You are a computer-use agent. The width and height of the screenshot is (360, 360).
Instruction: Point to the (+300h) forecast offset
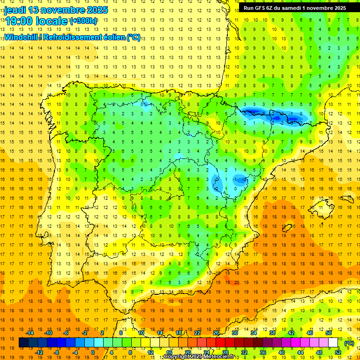click(84, 21)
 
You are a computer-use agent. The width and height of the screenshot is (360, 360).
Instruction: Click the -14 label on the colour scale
click(30, 333)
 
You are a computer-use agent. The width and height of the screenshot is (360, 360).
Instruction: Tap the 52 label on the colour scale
click(337, 352)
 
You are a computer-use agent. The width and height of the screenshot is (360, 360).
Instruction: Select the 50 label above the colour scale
click(328, 333)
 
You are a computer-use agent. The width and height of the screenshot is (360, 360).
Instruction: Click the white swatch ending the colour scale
click(333, 343)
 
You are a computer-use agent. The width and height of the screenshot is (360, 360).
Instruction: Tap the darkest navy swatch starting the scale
click(23, 343)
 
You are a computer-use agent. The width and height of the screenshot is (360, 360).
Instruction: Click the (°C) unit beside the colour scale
click(349, 343)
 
